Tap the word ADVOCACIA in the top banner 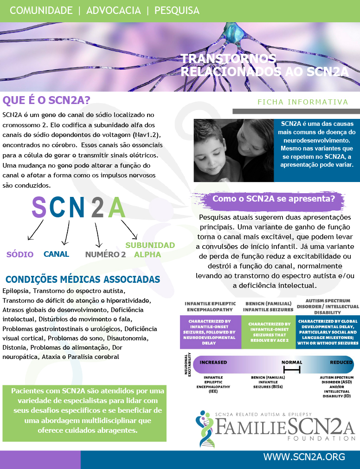113,10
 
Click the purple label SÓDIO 20,254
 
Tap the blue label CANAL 56,254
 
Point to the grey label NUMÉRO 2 105,254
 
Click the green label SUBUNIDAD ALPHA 150,250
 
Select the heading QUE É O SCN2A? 46,100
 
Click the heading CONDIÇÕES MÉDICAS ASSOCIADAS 83,280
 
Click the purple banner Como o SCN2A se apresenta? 274,198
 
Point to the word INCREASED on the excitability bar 213,362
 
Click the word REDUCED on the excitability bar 341,362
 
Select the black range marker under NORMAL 292,370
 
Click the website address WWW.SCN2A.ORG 304,457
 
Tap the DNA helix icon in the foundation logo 205,426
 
